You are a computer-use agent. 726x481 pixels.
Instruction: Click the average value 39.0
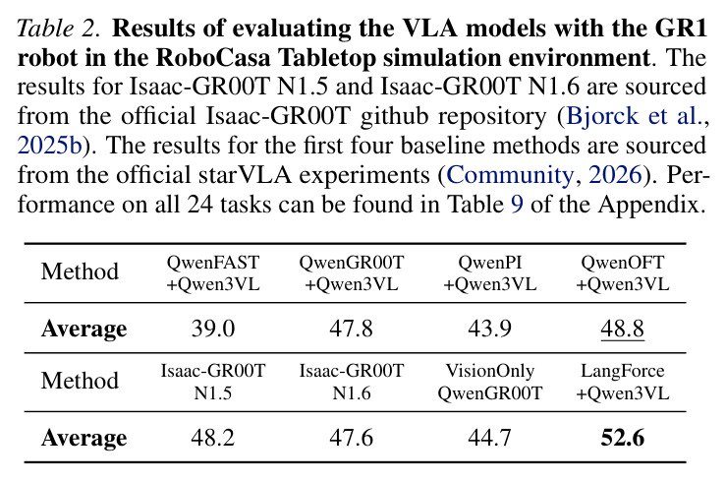213,329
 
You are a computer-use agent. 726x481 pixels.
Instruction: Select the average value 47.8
351,329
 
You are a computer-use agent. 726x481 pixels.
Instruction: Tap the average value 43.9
489,329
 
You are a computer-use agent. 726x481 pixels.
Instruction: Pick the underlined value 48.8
622,329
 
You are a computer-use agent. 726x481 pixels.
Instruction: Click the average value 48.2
213,438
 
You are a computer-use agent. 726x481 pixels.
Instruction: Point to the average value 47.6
351,438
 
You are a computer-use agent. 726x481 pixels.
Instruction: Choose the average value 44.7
489,438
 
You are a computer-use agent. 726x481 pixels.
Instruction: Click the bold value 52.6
622,438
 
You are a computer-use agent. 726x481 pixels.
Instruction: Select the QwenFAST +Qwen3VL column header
213,273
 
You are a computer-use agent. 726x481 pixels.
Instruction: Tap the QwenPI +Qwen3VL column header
490,273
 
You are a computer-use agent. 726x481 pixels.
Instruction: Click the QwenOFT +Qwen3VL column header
622,273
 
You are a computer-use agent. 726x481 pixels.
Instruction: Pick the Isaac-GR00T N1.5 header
213,382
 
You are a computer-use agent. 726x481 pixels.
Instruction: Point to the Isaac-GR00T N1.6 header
352,382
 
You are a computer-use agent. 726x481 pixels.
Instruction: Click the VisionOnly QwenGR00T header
490,382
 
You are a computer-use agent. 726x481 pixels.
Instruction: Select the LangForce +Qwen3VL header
622,382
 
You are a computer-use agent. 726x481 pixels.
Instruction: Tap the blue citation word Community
510,175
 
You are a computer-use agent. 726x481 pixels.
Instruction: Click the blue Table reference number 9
517,205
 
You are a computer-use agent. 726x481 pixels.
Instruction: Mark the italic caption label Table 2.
57,29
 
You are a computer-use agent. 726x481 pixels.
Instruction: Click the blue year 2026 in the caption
615,175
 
